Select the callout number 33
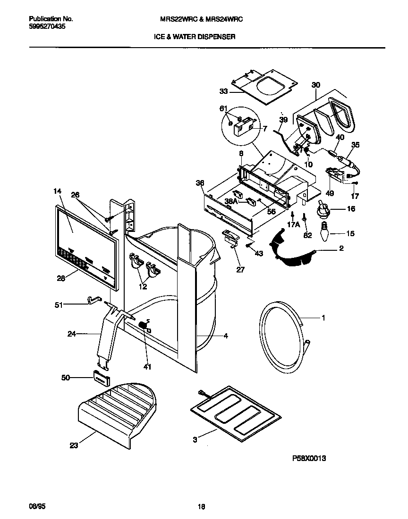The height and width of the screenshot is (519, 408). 223,91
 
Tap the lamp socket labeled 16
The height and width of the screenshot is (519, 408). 323,208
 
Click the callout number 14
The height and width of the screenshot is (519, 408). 58,191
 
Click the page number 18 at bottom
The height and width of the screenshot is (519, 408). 201,507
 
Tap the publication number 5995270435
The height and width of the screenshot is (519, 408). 47,27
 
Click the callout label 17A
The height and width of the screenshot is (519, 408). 294,225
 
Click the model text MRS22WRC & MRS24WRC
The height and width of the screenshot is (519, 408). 202,19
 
